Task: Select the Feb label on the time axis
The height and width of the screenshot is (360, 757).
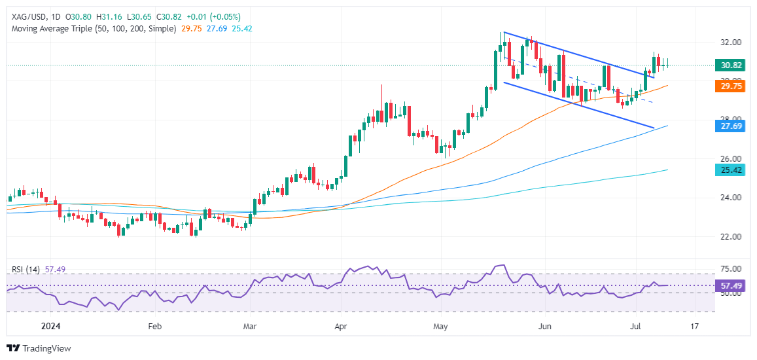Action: (x=154, y=325)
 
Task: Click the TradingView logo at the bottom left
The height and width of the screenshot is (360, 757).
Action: (x=39, y=348)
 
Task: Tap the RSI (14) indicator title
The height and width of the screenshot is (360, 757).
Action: (x=24, y=268)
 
